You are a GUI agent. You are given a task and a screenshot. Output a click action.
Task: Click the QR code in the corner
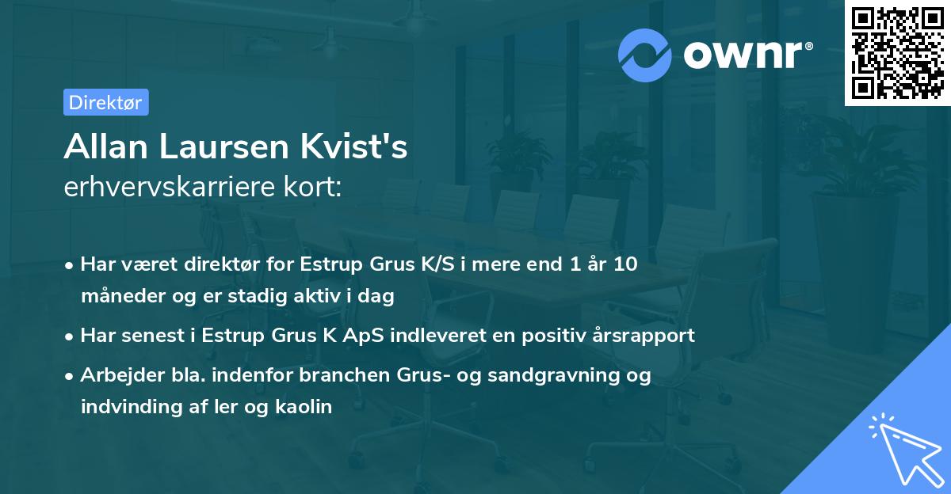tap(897, 52)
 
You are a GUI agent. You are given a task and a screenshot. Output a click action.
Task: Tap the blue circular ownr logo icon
tap(645, 55)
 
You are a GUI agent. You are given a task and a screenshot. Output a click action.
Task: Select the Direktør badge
tap(105, 102)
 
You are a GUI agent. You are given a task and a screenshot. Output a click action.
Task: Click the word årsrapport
tap(647, 336)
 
